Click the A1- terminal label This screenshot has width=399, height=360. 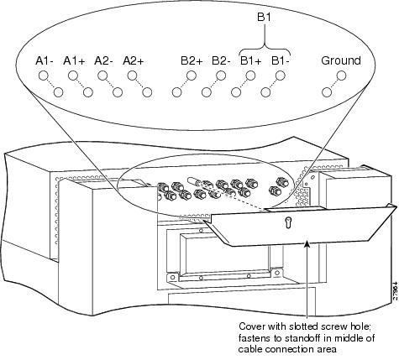pyautogui.click(x=45, y=60)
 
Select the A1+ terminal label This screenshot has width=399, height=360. pyautogui.click(x=74, y=60)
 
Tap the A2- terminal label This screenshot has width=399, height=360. pyautogui.click(x=103, y=60)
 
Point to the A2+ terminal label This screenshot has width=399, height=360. pyautogui.click(x=134, y=60)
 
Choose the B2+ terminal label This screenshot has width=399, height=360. pyautogui.click(x=192, y=60)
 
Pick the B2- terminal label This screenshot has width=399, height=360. pyautogui.click(x=221, y=60)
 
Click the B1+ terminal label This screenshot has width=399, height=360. pyautogui.click(x=250, y=60)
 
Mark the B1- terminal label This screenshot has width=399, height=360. pyautogui.click(x=281, y=60)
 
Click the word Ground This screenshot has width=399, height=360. pyautogui.click(x=341, y=60)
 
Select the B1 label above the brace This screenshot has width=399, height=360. pyautogui.click(x=264, y=18)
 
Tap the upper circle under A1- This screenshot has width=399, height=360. pyautogui.click(x=44, y=76)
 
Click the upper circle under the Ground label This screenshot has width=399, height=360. pyautogui.click(x=342, y=76)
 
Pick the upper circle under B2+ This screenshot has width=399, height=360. pyautogui.click(x=192, y=76)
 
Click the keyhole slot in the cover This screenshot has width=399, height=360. pyautogui.click(x=288, y=223)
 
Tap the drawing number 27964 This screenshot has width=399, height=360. pyautogui.click(x=395, y=291)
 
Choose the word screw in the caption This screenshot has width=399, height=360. pyautogui.click(x=334, y=326)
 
